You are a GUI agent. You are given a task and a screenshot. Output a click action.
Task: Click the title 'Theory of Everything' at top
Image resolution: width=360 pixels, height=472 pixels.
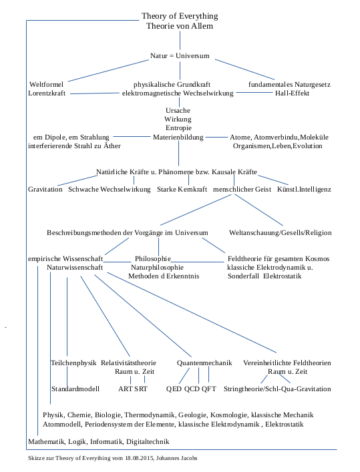(180, 16)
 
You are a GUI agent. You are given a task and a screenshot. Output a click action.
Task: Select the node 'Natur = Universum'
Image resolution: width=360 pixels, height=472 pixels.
(180, 55)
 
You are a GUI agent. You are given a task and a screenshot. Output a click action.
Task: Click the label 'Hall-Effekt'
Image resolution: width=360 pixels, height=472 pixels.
(292, 93)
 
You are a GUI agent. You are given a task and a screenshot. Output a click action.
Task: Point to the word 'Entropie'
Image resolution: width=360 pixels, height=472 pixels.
(178, 128)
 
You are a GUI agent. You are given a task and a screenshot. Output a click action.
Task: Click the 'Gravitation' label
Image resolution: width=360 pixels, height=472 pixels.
(45, 190)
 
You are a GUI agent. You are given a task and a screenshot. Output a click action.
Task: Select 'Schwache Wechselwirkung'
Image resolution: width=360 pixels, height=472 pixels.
(110, 190)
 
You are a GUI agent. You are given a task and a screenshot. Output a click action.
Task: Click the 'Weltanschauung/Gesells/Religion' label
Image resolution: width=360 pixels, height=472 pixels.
(281, 233)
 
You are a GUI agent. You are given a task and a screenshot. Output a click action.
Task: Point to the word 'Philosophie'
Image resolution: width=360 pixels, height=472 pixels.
(153, 258)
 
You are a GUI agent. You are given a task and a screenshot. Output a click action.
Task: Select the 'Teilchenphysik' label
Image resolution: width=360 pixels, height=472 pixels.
(73, 363)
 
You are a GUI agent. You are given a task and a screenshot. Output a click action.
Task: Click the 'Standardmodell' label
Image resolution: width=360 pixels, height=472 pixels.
(75, 389)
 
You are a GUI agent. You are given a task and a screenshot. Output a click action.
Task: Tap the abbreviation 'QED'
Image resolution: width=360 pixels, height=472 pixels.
(174, 389)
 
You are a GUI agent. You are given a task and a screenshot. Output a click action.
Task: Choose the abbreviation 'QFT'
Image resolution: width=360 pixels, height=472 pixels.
(209, 389)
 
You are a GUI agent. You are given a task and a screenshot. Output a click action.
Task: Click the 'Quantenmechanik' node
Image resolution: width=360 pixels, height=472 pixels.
(204, 363)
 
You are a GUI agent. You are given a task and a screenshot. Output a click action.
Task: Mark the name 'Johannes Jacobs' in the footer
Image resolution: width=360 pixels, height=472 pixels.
(176, 459)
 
